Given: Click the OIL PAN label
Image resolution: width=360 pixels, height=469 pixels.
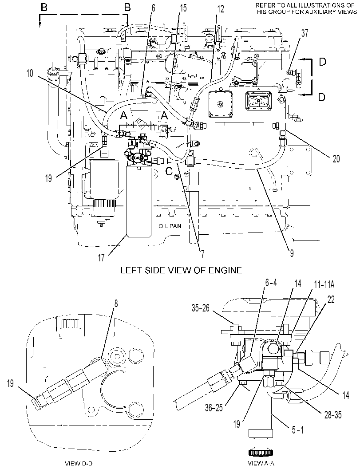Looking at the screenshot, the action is pos(170,226).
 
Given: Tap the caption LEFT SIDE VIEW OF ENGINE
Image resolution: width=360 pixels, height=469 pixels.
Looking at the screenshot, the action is pos(181,270).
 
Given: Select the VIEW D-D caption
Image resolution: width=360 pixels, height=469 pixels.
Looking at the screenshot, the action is pos(79,463).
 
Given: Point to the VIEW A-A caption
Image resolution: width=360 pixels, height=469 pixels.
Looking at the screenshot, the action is pos(261,463).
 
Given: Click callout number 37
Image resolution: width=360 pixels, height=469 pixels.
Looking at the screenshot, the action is pos(305,33).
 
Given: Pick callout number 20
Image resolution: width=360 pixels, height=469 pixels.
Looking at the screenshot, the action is pos(336,158).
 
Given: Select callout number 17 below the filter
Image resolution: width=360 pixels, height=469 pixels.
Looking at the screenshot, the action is pos(102,257).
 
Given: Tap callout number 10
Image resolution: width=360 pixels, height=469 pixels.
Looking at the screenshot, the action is pos(30,73).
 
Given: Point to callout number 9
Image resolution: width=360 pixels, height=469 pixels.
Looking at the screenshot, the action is pos(292,253).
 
